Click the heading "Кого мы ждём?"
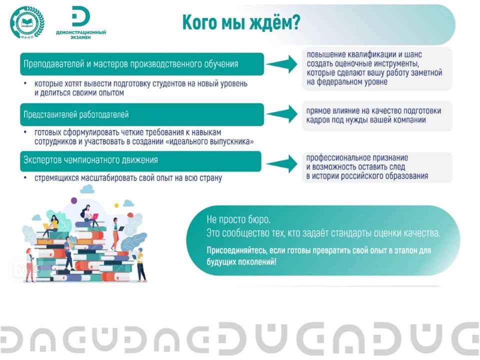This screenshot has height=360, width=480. tap(241, 22)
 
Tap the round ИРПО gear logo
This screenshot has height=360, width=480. tap(27, 22)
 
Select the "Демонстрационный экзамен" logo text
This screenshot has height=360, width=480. tap(81, 34)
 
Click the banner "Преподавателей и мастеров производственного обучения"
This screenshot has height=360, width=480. tap(141, 64)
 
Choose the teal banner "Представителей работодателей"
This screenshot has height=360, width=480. tap(141, 114)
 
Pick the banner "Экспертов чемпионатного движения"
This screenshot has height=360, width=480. tap(140, 161)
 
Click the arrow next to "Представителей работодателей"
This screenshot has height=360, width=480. tap(282, 114)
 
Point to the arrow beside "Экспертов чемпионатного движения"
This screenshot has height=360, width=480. tap(282, 164)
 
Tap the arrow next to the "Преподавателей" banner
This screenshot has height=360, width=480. tap(282, 64)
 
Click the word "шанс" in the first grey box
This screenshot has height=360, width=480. tap(413, 54)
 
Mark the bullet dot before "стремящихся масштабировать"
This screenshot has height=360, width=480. tap(25, 177)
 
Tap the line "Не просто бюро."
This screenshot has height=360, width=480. tap(238, 219)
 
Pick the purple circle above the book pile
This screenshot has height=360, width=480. tap(74, 200)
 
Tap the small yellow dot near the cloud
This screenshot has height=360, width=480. tap(116, 205)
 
